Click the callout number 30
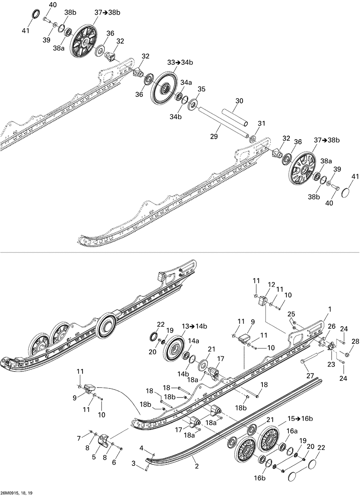click(239, 101)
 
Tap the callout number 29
click(214, 136)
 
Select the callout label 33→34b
click(180, 63)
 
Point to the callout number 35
click(202, 89)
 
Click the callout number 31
click(262, 123)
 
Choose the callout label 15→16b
click(300, 419)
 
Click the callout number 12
click(271, 285)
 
